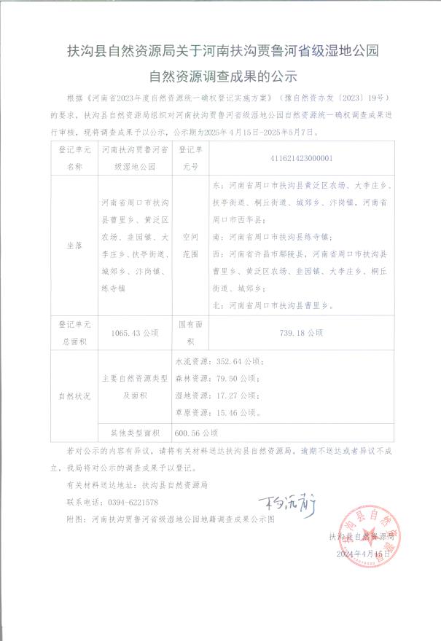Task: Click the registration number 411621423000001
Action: click(301, 156)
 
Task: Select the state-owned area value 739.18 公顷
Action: click(301, 332)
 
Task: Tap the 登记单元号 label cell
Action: click(190, 156)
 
